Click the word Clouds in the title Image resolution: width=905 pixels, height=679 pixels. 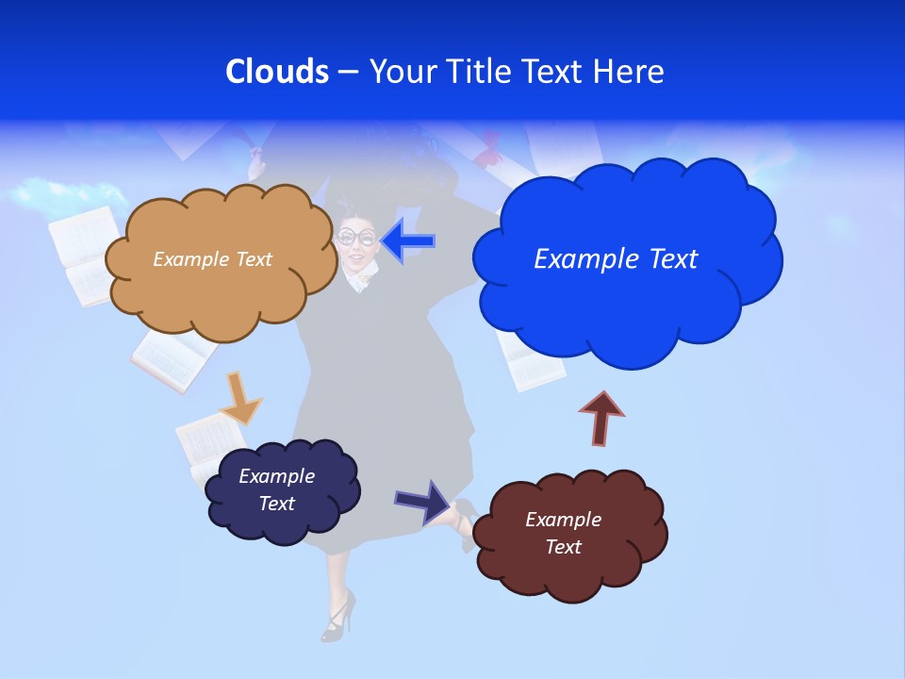coord(276,72)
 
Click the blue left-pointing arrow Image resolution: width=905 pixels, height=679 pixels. coord(408,241)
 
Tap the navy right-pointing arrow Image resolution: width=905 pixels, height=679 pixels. coord(421,501)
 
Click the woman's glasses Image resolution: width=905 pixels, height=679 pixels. coord(357,237)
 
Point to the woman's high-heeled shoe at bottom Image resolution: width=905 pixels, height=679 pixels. coord(337,616)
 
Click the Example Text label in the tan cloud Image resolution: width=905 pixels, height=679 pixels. coord(213,259)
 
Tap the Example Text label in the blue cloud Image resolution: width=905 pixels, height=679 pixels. coord(616,259)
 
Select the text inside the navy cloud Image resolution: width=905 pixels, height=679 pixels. coord(276,489)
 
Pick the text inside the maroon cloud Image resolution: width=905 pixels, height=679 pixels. coord(563,533)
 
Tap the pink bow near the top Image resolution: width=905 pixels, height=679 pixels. coord(489,151)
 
